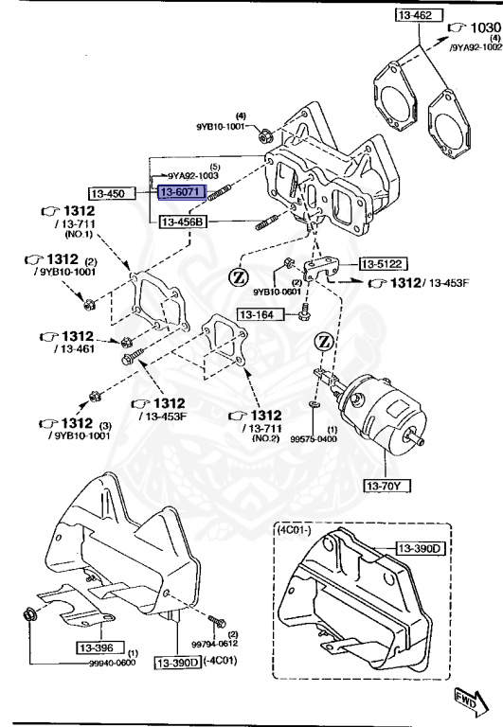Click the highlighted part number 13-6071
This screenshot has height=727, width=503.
coord(179,192)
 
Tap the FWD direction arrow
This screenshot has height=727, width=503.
coord(468,699)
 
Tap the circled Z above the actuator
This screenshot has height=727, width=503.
coord(325,341)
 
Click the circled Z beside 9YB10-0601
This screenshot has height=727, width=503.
coord(237,277)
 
